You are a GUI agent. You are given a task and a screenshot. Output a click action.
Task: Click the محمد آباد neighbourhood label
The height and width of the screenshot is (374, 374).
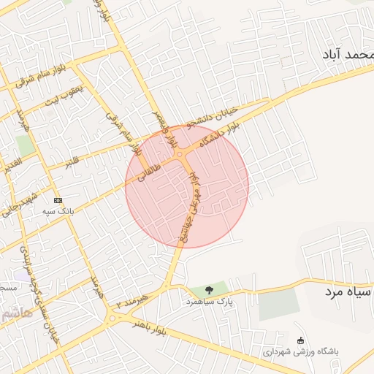(346, 55)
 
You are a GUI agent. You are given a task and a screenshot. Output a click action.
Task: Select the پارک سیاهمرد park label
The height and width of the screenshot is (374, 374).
(209, 302)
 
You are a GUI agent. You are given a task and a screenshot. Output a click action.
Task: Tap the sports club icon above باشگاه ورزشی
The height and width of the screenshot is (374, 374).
(300, 340)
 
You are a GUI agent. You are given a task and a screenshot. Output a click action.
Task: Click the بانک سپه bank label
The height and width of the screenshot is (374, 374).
(58, 211)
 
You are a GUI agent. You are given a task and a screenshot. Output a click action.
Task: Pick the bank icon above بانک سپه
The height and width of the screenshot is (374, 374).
(58, 200)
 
